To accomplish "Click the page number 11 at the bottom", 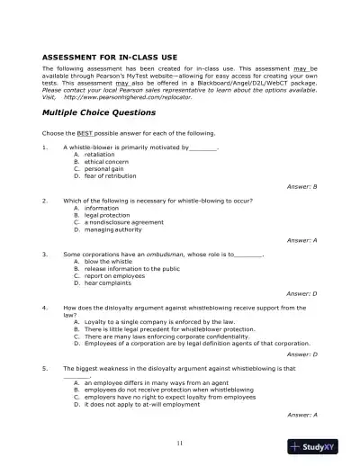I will click(180, 443).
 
